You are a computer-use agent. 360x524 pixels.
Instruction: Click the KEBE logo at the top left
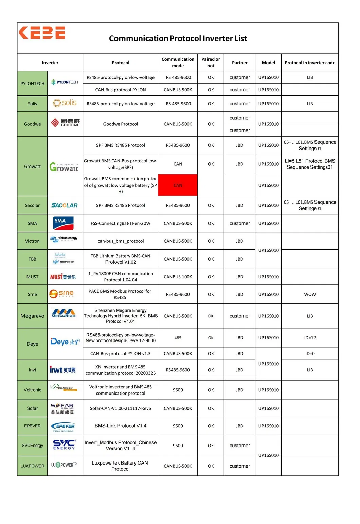pos(42,33)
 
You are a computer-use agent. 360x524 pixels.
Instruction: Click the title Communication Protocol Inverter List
pos(178,38)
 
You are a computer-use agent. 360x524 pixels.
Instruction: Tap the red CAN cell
pos(178,185)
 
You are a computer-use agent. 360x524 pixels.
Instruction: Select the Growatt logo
pos(64,167)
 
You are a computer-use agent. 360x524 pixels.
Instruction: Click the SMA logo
pos(64,223)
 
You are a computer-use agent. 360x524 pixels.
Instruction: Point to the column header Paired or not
pos(211,63)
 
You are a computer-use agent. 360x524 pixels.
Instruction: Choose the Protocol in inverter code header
pos(310,63)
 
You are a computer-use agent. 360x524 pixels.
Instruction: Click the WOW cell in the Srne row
pos(310,294)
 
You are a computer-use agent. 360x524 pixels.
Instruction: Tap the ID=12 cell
pos(310,338)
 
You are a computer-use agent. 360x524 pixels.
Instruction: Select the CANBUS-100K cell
pos(178,277)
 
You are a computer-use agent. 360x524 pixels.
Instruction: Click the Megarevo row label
pos(32,316)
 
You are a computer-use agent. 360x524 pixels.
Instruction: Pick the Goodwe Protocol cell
pos(121,124)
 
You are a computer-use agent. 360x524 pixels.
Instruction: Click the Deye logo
pos(65,342)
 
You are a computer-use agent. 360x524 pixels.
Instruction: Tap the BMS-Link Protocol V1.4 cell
pos(121,426)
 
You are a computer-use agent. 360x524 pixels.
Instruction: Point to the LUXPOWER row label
pos(32,466)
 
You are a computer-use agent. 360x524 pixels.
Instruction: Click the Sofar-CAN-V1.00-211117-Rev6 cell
pos(121,408)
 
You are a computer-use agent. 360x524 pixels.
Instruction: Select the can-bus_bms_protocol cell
pos(121,241)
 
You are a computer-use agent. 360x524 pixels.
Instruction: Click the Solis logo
pos(65,103)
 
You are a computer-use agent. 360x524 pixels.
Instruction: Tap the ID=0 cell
pos(310,353)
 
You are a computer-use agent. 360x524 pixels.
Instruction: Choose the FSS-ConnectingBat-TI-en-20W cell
pos(121,223)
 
